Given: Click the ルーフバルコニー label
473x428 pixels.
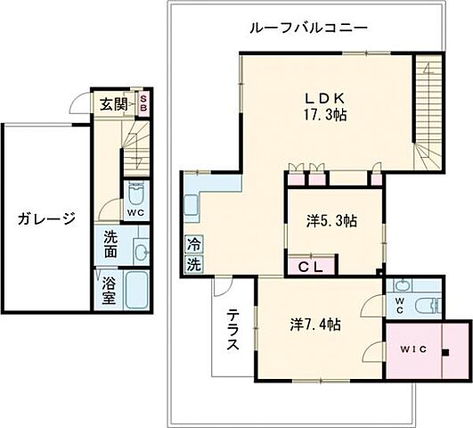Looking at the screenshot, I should (309, 28).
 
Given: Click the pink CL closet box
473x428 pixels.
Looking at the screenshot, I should (310, 265).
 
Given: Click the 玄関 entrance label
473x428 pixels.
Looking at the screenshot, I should (111, 104).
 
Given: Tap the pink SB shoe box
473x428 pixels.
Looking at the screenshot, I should (143, 104).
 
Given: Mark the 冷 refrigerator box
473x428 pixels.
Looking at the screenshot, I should (193, 243).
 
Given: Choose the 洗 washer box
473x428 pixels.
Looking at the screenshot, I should (193, 264).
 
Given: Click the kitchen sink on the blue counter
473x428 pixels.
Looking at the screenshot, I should (192, 206).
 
